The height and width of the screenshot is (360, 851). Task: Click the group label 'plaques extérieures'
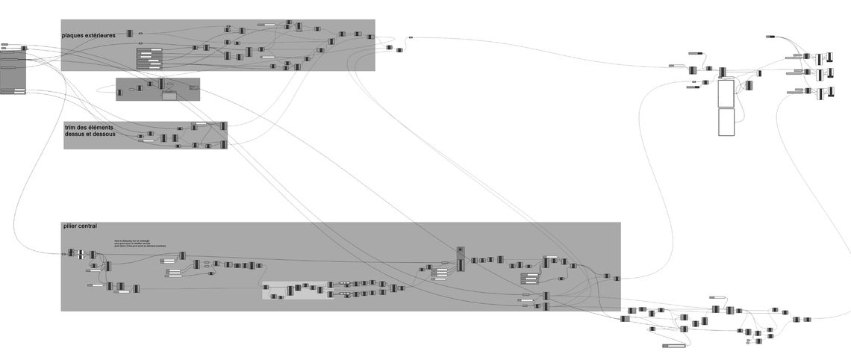(89, 35)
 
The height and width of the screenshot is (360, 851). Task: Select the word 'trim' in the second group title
(70, 128)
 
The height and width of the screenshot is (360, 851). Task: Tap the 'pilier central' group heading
(80, 226)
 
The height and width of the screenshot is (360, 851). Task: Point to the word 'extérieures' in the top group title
(101, 35)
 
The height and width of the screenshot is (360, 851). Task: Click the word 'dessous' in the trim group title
(104, 134)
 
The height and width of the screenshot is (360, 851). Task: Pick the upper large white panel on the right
(726, 93)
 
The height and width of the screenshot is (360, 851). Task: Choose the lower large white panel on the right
(726, 122)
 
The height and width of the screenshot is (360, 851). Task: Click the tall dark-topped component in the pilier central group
(461, 260)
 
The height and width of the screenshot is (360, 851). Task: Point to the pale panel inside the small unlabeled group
(169, 96)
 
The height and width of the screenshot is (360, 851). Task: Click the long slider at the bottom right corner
(674, 347)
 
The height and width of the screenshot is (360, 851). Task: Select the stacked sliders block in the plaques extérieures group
(149, 58)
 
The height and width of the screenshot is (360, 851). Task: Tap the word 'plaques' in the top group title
(74, 35)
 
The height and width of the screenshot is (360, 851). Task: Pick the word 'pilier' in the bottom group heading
(71, 226)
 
